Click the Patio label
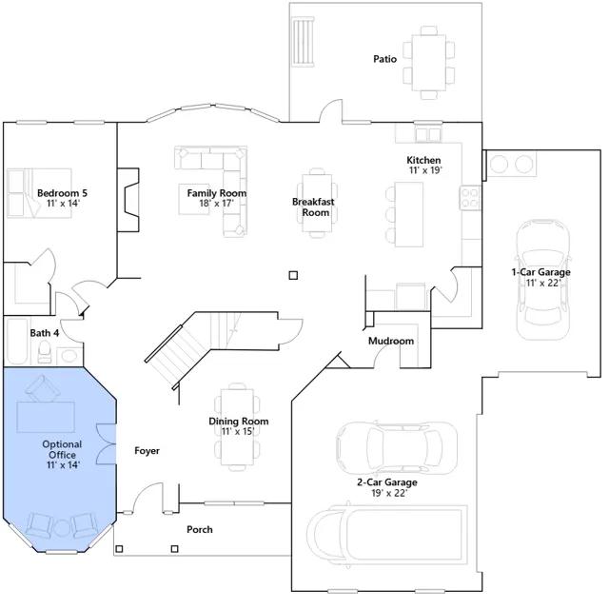384,59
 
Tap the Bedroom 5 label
62,193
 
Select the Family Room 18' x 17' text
217,198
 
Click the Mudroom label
391,341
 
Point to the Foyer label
147,450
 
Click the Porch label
200,529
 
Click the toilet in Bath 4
45,352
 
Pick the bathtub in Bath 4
17,342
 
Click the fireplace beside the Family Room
128,200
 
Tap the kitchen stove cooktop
470,198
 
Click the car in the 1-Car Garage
543,280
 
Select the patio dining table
429,63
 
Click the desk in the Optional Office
46,417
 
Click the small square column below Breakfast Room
293,275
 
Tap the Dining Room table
237,427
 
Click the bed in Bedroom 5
39,193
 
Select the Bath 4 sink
69,356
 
